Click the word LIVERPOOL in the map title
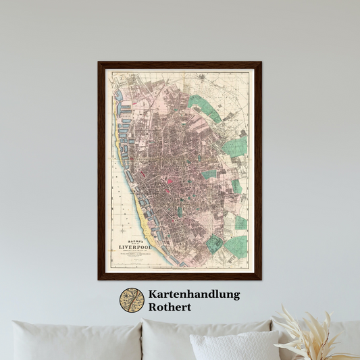click(x=137, y=248)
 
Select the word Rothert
click(x=172, y=307)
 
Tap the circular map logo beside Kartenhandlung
click(x=132, y=301)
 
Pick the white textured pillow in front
click(x=234, y=346)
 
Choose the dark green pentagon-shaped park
click(x=215, y=244)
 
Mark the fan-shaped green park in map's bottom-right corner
click(x=236, y=247)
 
